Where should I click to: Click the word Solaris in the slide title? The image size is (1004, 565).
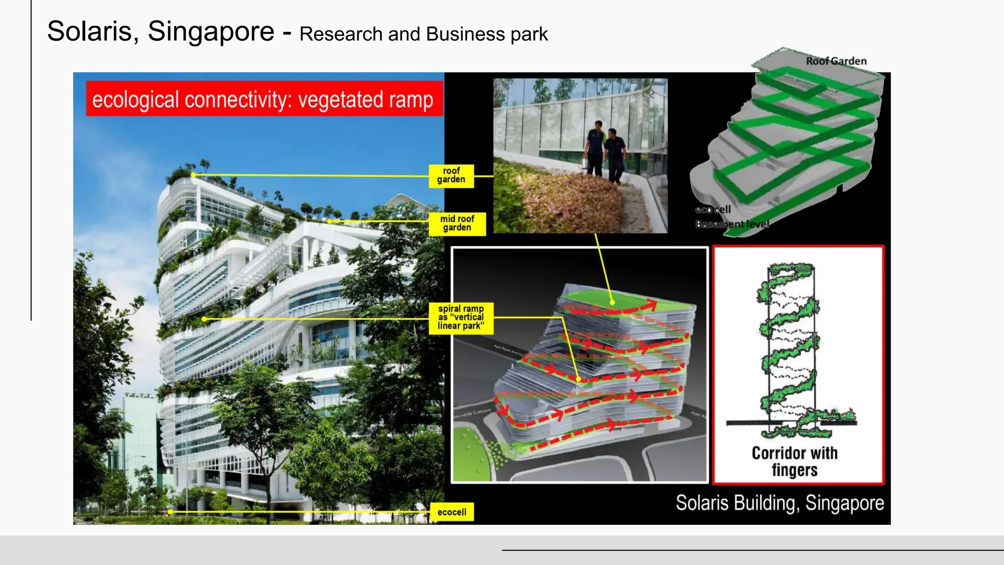pos(90,32)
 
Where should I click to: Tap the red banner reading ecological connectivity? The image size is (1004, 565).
pos(264,99)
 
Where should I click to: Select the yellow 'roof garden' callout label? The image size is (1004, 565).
pos(451,176)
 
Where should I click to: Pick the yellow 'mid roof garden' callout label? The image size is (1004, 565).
pos(457,224)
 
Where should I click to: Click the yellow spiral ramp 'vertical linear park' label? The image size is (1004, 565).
pos(461,318)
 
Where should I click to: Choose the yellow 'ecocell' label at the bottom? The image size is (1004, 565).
pos(452,512)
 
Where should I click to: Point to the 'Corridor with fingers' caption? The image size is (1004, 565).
pos(795,462)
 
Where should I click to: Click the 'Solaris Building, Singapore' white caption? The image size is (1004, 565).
pos(779,503)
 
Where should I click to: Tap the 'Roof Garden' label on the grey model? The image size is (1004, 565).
pos(836,61)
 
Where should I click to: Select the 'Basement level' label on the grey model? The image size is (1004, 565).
pos(732,224)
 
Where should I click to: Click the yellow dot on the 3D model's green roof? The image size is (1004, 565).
pos(612,302)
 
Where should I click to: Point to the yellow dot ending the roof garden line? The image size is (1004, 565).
pos(193,175)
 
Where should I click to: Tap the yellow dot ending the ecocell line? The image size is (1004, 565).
pos(170,512)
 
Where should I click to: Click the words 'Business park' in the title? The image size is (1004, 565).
pos(487,34)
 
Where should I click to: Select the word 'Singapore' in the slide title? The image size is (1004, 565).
pos(211,32)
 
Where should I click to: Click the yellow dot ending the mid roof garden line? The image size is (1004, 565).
pos(329,222)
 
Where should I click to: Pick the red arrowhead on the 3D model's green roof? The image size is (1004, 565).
pos(652,306)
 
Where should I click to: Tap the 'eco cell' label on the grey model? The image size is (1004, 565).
pos(713,210)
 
